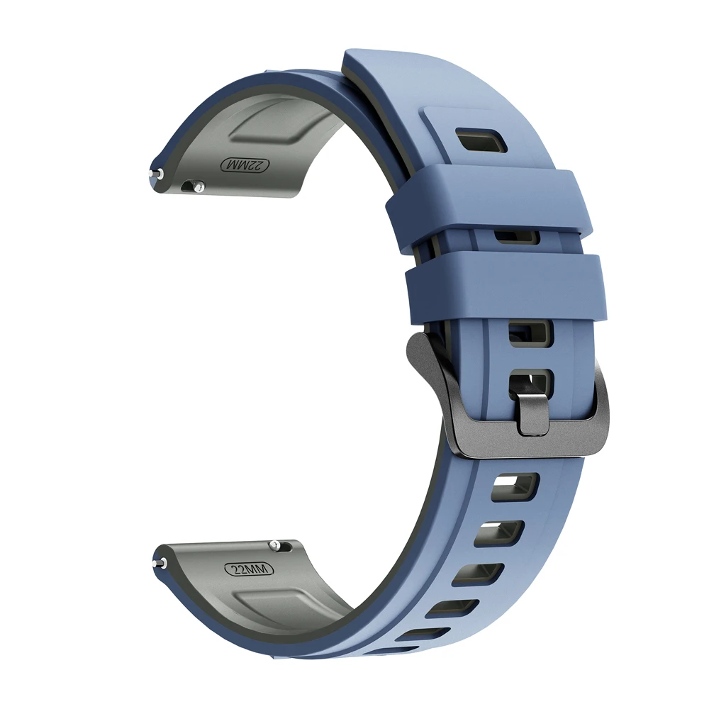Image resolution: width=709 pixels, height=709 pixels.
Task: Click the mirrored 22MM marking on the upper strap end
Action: [244, 165]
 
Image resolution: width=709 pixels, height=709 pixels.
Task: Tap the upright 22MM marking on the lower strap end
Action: [249, 569]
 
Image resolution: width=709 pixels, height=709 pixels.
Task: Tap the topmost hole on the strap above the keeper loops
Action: [481, 140]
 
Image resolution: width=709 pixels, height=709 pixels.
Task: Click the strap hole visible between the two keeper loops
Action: [516, 237]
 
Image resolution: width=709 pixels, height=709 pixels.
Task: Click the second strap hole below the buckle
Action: [501, 534]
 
